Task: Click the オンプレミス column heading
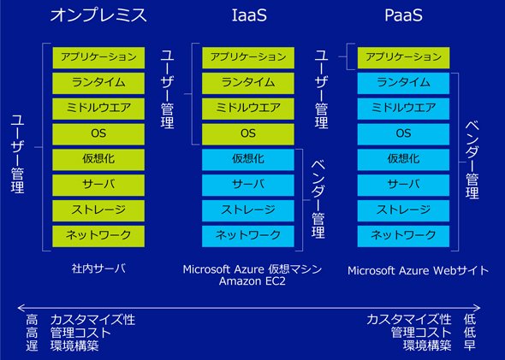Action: click(x=98, y=15)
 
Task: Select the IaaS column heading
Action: click(x=249, y=15)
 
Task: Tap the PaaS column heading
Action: click(x=403, y=15)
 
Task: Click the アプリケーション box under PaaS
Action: click(x=403, y=57)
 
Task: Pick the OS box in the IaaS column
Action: click(x=248, y=134)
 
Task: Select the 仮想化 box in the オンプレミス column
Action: click(x=98, y=159)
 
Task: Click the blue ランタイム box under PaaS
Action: click(x=403, y=83)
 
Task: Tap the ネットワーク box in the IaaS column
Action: click(x=248, y=236)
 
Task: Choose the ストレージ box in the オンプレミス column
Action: click(x=98, y=210)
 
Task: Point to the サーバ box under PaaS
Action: click(x=403, y=185)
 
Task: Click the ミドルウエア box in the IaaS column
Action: click(x=248, y=109)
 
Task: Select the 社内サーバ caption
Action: click(x=98, y=269)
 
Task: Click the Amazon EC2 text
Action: click(x=253, y=281)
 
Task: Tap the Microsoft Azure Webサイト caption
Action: click(x=418, y=270)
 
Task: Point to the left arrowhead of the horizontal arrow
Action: click(x=20, y=308)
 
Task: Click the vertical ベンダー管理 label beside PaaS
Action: click(x=472, y=160)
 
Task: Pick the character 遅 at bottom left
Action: click(x=32, y=345)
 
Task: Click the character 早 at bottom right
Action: click(x=470, y=345)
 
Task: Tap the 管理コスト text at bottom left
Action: click(x=80, y=333)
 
